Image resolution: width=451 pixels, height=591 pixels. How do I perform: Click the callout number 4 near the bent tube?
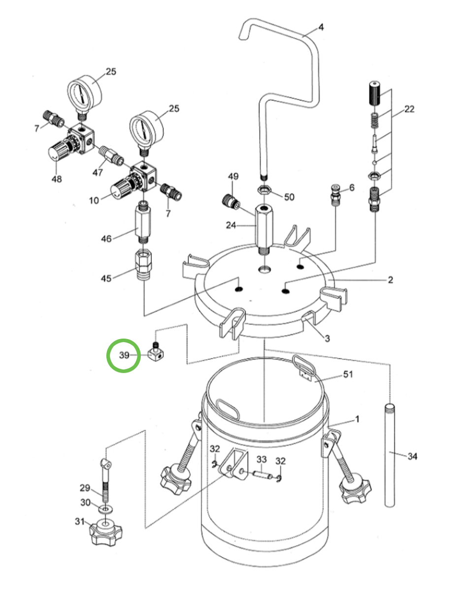(x=321, y=27)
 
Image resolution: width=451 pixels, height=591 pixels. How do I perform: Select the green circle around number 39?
(x=124, y=355)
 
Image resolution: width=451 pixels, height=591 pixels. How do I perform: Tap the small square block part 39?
(x=156, y=352)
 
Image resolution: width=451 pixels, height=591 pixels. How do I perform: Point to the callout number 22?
(x=409, y=109)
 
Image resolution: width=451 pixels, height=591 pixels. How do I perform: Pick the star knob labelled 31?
(x=105, y=531)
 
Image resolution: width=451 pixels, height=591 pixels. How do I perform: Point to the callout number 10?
(x=94, y=200)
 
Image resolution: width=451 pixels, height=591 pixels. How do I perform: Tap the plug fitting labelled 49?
(x=230, y=201)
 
